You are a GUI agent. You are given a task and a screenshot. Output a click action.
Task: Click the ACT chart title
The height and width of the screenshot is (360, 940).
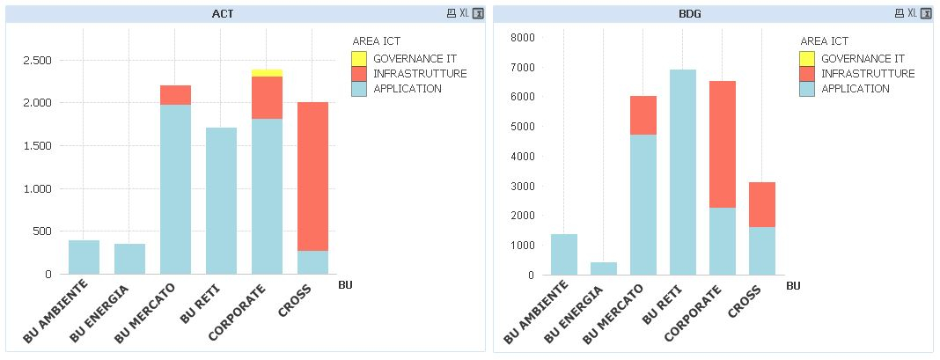tap(223, 13)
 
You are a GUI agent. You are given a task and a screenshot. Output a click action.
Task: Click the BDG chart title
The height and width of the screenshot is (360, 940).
tap(690, 13)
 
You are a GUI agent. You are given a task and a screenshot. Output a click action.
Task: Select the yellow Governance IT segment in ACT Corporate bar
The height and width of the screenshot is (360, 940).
tap(267, 72)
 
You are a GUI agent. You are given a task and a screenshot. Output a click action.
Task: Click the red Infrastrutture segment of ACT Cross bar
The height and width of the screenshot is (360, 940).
tap(312, 176)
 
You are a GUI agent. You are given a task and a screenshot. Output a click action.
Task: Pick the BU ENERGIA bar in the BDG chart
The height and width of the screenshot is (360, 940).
tap(603, 268)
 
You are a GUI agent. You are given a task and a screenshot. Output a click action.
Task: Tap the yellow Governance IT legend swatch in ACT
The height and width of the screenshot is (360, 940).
tap(358, 59)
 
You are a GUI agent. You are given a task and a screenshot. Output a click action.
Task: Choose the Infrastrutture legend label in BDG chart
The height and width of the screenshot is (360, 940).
tap(868, 74)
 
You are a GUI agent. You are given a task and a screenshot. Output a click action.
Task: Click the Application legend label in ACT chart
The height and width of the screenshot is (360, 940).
tap(408, 89)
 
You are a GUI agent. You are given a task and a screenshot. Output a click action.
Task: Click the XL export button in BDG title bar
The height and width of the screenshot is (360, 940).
tap(912, 13)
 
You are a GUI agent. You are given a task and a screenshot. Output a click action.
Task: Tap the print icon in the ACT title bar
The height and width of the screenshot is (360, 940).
tap(452, 13)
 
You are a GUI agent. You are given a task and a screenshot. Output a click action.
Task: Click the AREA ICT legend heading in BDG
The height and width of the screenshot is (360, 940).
tap(824, 40)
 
